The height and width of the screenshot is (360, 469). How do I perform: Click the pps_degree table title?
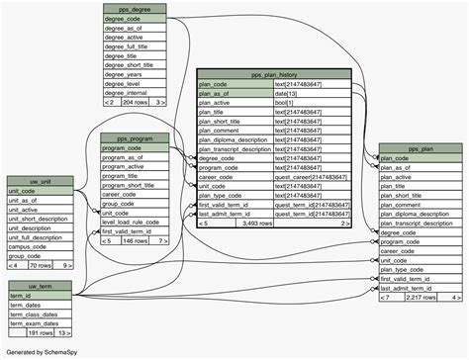[x=135, y=8]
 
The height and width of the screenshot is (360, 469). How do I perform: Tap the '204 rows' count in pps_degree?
[x=135, y=102]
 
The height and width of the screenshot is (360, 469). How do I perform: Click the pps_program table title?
[x=135, y=137]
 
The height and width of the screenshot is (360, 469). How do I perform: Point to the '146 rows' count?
[x=136, y=240]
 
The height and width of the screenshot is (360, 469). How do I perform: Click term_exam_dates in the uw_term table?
[x=40, y=323]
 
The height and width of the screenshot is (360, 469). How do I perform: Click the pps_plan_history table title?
[x=274, y=73]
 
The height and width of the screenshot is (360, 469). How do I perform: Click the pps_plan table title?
[x=420, y=148]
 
